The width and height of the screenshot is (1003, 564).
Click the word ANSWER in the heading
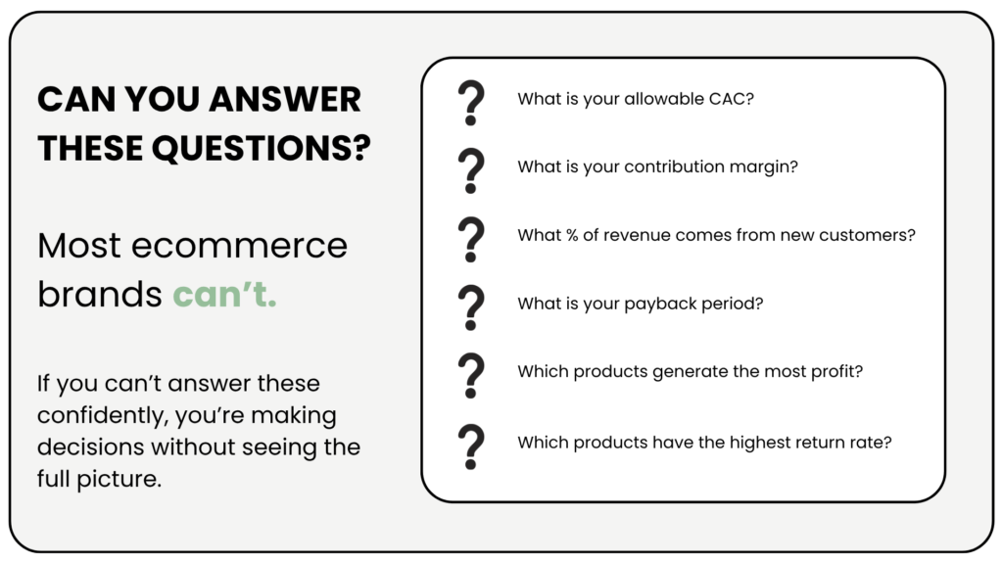point(285,100)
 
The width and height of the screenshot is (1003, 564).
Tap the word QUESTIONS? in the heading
point(261,149)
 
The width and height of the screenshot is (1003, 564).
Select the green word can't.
point(224,294)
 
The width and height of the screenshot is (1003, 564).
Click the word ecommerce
point(239,246)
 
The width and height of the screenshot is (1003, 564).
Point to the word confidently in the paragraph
point(102,416)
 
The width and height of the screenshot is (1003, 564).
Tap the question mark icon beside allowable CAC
point(471,102)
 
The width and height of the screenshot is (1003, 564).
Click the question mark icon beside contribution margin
point(471,170)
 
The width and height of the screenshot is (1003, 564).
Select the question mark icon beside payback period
point(471,307)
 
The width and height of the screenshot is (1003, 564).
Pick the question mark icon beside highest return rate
point(471,446)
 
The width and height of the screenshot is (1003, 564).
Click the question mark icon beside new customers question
point(471,239)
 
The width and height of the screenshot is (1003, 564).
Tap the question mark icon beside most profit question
point(471,376)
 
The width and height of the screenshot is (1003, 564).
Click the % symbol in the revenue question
point(572,235)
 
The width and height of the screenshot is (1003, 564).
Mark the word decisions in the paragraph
point(91,446)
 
